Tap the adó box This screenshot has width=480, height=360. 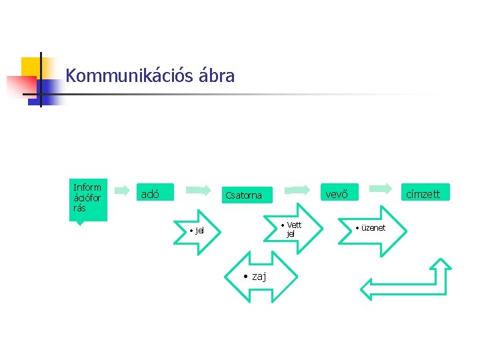[155, 194]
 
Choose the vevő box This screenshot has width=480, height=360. [337, 194]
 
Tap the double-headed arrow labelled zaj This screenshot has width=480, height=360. [255, 277]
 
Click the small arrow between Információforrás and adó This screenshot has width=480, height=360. [122, 190]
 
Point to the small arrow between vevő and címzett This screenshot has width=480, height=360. [381, 190]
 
